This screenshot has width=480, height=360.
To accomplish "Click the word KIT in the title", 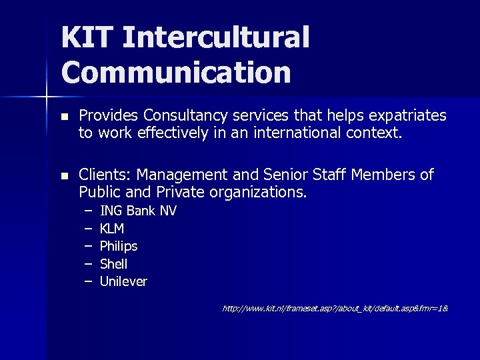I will click(87, 37).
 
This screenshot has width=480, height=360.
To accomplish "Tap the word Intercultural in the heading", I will click(216, 37).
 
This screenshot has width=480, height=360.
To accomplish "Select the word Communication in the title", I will click(176, 73).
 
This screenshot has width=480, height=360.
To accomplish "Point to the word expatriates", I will click(407, 115).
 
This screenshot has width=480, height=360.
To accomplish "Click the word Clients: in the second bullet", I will click(105, 175).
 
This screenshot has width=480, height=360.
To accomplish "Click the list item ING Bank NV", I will click(138, 211).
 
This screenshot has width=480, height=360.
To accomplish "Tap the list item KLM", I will click(112, 229).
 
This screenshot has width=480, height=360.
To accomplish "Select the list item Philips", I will click(119, 246).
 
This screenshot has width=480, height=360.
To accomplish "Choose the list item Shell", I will click(113, 264).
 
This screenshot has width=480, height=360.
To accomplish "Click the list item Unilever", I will click(123, 281).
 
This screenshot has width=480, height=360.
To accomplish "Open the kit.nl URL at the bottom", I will click(334, 309).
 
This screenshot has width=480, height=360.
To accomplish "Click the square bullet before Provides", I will click(64, 116).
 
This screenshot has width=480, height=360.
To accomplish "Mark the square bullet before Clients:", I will click(64, 176).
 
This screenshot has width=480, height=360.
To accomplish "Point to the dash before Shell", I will click(87, 264).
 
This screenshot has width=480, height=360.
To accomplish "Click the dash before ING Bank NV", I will click(87, 211).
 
